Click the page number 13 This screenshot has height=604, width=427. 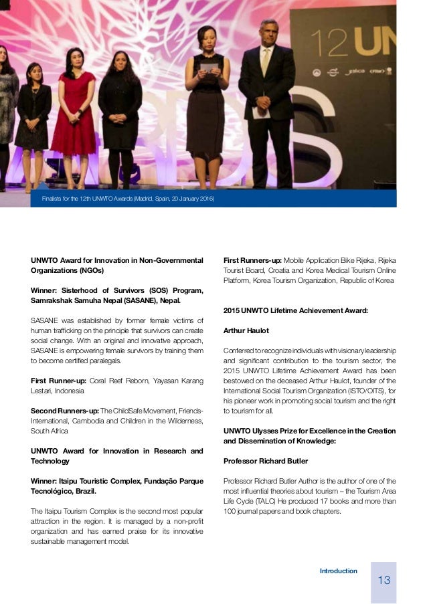[383, 579]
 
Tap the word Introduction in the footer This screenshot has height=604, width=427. [338, 571]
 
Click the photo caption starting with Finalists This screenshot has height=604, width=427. [127, 199]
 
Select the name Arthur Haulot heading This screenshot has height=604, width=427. [244, 330]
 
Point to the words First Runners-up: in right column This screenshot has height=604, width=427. [252, 260]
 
